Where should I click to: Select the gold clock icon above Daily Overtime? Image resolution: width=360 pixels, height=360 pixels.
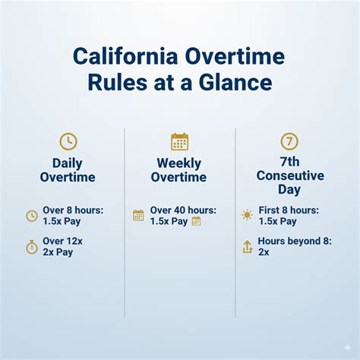tap(68, 141)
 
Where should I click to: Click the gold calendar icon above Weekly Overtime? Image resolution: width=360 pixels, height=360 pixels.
tap(179, 141)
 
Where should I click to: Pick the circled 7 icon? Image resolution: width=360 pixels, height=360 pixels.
tap(289, 141)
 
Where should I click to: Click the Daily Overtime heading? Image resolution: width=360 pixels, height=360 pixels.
tap(68, 170)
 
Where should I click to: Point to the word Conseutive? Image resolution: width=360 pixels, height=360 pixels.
tap(289, 176)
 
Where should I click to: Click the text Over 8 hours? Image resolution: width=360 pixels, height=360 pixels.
tap(74, 210)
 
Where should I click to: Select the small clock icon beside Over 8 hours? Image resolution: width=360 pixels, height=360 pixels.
tap(32, 216)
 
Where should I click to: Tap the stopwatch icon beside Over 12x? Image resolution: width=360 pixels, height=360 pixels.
tap(32, 247)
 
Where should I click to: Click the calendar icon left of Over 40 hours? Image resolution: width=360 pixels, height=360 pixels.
tap(138, 216)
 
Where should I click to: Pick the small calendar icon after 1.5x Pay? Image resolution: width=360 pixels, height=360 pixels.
tap(196, 221)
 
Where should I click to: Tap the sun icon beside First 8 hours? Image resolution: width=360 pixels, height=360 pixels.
tap(246, 216)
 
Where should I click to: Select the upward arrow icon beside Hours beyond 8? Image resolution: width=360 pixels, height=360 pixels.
tap(246, 247)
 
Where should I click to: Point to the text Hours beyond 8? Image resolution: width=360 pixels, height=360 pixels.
tap(295, 241)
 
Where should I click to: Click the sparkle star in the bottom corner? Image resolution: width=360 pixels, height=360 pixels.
tap(347, 347)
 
